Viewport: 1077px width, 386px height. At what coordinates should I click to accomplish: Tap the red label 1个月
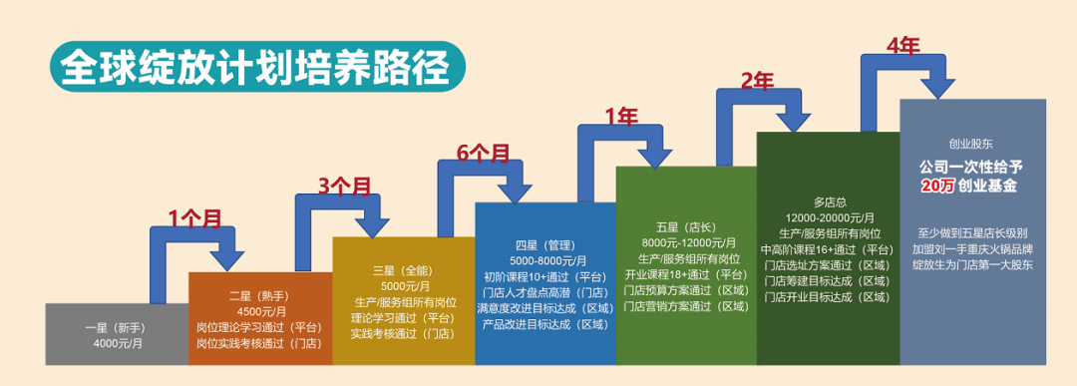(194, 219)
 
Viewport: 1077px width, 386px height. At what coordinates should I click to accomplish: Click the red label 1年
(621, 117)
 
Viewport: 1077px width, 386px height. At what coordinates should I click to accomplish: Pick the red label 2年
(758, 81)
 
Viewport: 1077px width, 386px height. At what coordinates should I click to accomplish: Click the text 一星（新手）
(117, 326)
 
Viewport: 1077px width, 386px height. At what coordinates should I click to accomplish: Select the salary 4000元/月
(117, 344)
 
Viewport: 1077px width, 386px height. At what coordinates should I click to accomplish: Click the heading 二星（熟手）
(259, 295)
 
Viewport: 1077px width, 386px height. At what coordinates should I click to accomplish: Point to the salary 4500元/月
(259, 310)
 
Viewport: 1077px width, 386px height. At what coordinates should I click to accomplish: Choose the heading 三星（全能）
(403, 269)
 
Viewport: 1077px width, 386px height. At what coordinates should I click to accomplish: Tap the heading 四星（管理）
(544, 245)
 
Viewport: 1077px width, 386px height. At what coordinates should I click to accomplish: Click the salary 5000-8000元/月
(544, 260)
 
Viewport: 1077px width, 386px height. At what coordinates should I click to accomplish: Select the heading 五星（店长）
(686, 226)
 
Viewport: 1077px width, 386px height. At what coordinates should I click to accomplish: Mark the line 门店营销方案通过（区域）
(686, 306)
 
